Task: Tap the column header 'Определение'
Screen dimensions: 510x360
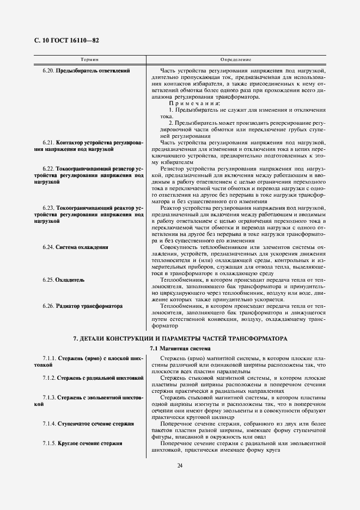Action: point(236,58)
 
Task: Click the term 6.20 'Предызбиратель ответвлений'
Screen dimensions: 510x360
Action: point(93,71)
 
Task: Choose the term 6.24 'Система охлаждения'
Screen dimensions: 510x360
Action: point(82,247)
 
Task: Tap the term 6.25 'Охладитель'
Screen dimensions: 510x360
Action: point(70,280)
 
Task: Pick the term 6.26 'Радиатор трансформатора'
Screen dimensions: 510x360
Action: point(89,306)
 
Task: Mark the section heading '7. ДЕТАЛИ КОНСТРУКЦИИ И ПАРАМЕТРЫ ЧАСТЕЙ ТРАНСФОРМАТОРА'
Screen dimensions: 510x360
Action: point(180,338)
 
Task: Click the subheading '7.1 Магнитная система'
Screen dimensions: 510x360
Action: point(180,348)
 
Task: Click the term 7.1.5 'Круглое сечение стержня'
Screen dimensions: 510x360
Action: point(89,443)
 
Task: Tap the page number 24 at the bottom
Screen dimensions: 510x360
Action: point(180,465)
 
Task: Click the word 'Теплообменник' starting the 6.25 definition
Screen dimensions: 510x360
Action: point(179,280)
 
